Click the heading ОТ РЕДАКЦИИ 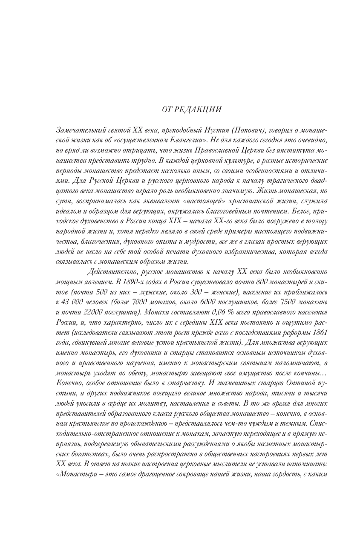pos(192,109)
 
